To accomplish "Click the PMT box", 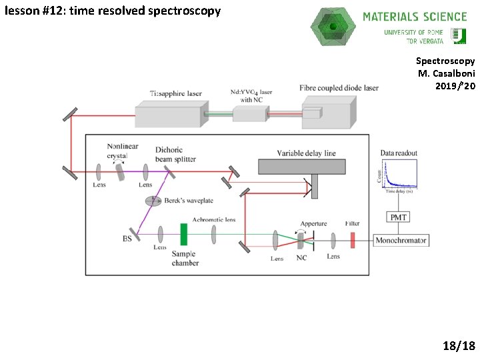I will click(399, 217).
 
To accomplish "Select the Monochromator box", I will click(401, 240).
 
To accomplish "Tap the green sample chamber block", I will click(183, 235).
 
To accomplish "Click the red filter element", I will click(353, 240).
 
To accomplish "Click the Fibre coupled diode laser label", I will click(339, 88).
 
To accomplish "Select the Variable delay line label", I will click(306, 153).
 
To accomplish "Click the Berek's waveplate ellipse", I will click(153, 201).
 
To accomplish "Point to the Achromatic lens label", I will click(213, 220).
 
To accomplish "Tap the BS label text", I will click(127, 238).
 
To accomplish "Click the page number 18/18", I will click(459, 345).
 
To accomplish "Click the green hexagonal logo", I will click(333, 27).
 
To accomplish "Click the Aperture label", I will click(313, 223).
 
